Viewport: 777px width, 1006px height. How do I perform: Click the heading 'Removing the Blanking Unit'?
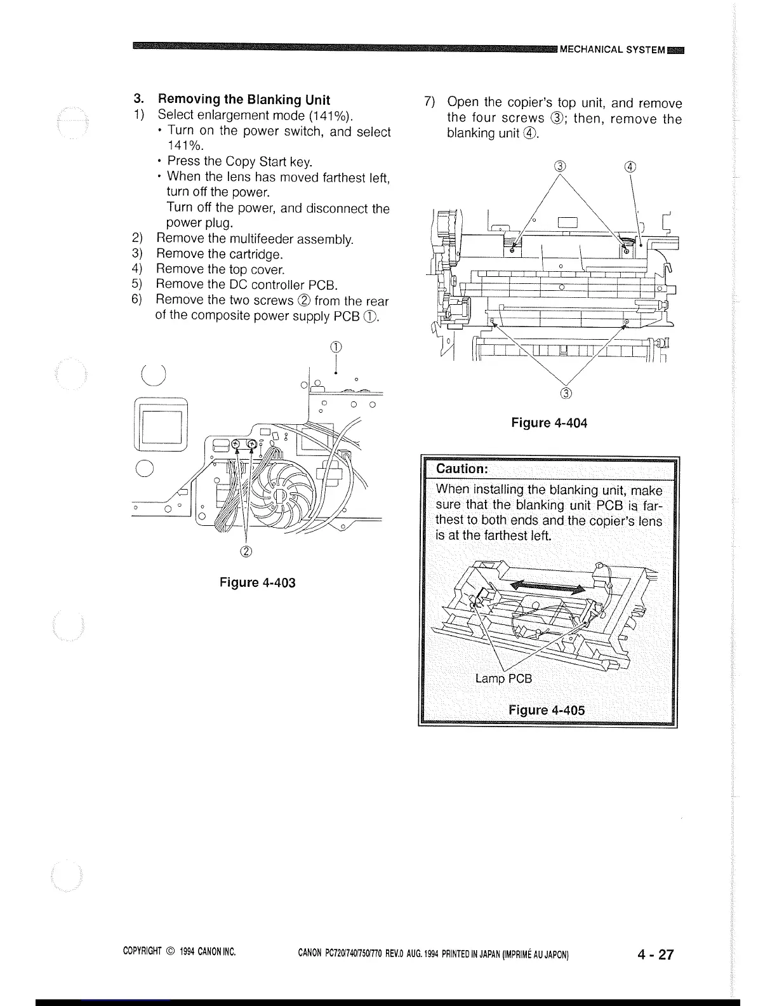[x=244, y=99]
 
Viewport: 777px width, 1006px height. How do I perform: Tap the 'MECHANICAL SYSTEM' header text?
[x=612, y=50]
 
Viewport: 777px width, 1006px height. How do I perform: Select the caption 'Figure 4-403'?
[x=258, y=582]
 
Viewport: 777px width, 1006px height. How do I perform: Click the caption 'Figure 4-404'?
[x=549, y=422]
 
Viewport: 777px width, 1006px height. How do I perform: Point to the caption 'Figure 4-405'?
[x=547, y=709]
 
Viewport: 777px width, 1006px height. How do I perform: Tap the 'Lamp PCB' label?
[x=503, y=678]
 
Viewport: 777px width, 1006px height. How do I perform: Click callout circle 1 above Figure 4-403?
[x=336, y=347]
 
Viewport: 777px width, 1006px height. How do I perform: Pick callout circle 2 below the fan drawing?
[x=246, y=550]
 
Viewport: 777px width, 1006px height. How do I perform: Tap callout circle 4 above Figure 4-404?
[x=629, y=168]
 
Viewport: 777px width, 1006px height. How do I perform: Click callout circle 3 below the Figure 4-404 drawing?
[x=566, y=393]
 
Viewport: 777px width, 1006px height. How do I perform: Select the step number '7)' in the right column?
[x=429, y=103]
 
